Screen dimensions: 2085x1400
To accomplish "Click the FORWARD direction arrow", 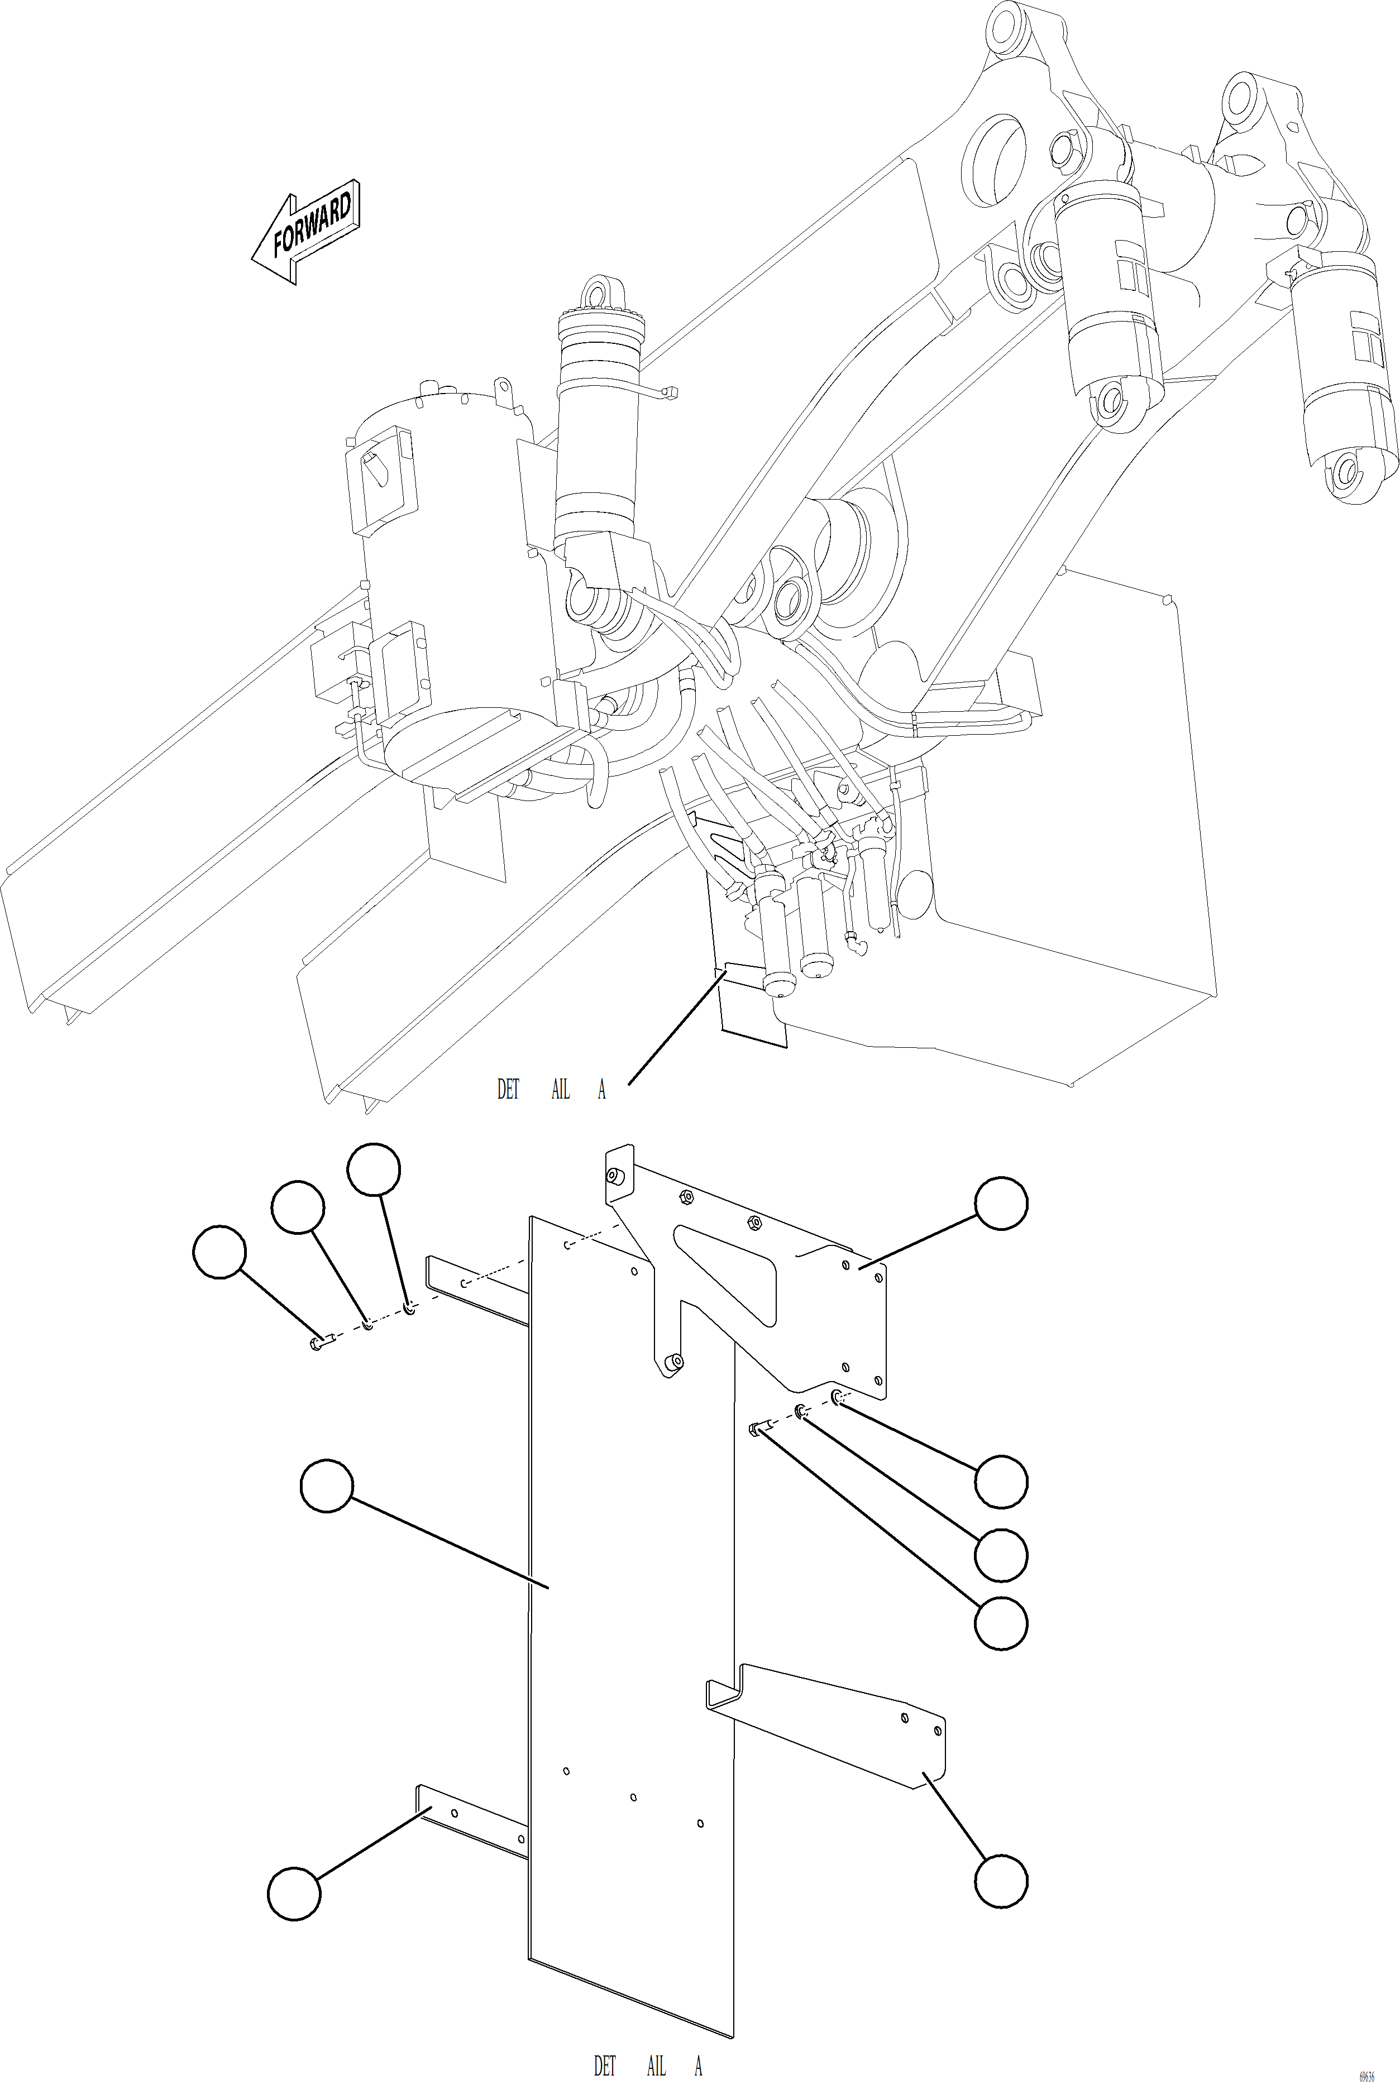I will pyautogui.click(x=305, y=231).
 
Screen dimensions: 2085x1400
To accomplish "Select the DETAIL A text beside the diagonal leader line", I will pyautogui.click(x=551, y=1089).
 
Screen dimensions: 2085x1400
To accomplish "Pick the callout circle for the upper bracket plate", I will pyautogui.click(x=1001, y=1203).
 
